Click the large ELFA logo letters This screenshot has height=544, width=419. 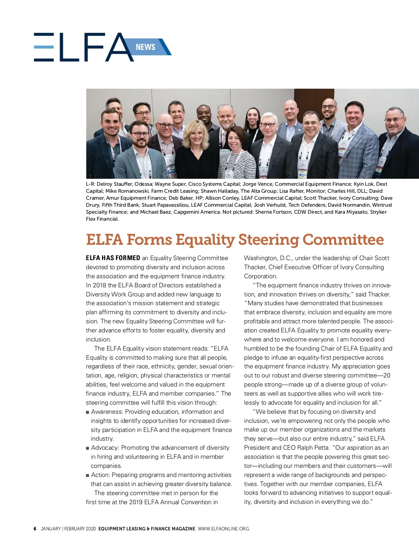click(x=84, y=47)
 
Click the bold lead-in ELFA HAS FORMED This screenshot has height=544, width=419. click(x=113, y=258)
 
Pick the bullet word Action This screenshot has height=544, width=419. click(x=100, y=475)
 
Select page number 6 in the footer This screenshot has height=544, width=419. click(x=35, y=529)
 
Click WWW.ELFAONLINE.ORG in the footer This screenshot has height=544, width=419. click(x=223, y=529)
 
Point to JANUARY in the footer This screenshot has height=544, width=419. click(x=51, y=529)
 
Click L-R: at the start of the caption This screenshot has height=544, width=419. click(x=90, y=184)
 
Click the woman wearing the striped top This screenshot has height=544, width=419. click(x=235, y=154)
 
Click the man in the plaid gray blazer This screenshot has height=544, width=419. click(x=356, y=140)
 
